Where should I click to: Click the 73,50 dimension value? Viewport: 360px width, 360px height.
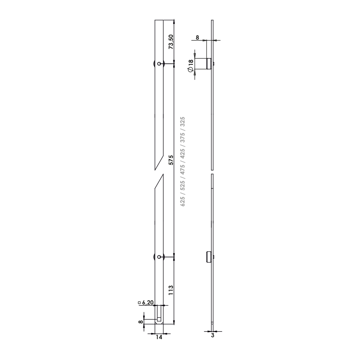pos(171,41)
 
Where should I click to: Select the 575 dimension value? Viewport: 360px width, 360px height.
pos(171,160)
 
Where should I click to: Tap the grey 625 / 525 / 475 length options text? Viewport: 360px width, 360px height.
pos(183,161)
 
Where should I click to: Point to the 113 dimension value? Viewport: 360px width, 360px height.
pos(171,290)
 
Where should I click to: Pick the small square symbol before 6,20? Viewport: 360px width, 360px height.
pos(139,303)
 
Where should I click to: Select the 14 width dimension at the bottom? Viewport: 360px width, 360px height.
pos(159,337)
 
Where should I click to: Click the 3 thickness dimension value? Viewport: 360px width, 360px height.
pos(212,336)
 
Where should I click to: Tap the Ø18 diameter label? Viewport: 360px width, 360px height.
pos(190,66)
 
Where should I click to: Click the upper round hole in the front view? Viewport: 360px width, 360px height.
pos(159,63)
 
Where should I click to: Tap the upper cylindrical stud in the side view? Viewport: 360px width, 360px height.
pos(208,63)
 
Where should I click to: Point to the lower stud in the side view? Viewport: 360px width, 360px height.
pos(208,257)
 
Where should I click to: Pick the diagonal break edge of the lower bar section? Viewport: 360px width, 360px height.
pos(159,181)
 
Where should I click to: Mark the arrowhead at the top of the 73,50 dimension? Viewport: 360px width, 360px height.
pos(174,21)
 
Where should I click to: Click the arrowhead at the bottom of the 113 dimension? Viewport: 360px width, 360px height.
pos(174,322)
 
